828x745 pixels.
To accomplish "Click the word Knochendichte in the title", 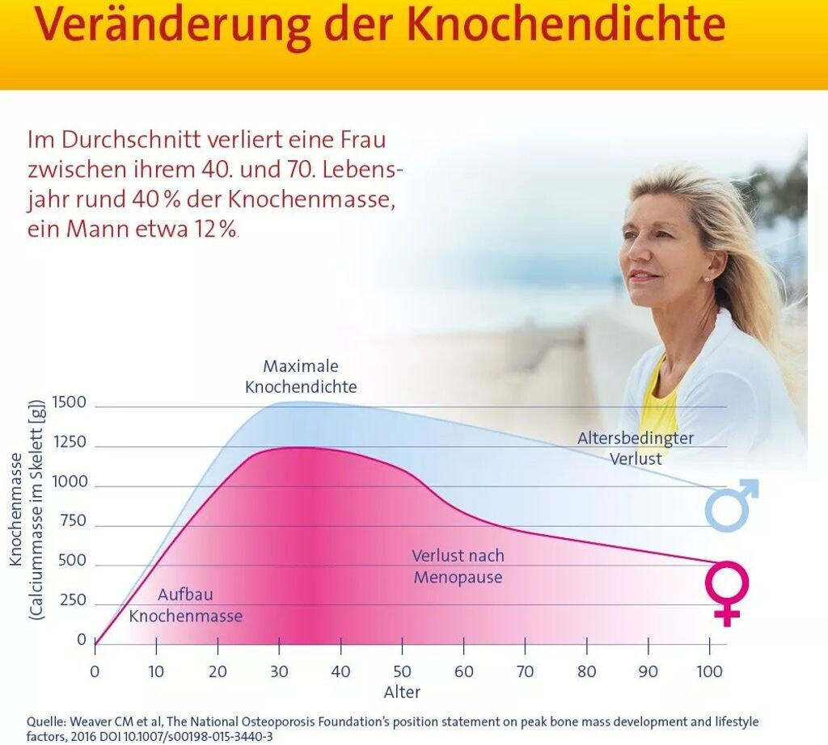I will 565,25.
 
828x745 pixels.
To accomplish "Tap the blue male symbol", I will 731,506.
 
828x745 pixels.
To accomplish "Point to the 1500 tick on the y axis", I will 69,402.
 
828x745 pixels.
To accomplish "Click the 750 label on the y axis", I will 73,521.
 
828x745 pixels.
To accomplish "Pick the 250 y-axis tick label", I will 73,600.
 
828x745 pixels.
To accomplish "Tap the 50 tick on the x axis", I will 402,671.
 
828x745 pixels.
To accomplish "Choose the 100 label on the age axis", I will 709,671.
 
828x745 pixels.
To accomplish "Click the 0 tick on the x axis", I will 95,671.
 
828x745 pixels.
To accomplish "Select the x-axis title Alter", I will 402,692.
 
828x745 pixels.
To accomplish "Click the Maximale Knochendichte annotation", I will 301,377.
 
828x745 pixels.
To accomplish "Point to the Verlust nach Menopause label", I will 458,566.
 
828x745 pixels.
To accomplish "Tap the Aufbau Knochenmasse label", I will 186,605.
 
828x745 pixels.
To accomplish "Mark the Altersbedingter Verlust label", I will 636,448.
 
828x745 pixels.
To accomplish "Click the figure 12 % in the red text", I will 215,229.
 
